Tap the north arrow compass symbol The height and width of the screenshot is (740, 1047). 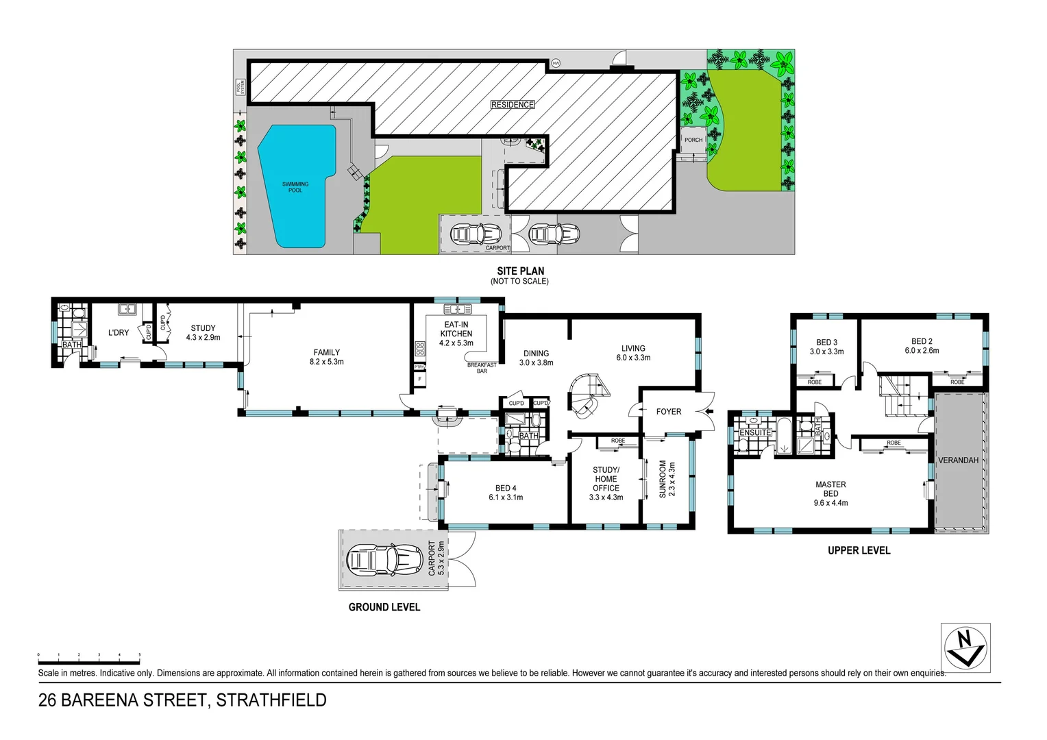(965, 647)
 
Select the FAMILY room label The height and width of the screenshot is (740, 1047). (327, 352)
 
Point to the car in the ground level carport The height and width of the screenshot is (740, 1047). (383, 560)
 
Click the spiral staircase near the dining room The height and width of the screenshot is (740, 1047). (587, 396)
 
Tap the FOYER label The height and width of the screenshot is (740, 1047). (669, 412)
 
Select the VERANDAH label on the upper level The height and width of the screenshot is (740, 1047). (958, 460)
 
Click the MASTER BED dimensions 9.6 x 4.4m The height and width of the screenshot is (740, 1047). (830, 503)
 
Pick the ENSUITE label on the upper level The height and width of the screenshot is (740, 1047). (755, 432)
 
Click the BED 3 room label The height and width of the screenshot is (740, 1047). (826, 342)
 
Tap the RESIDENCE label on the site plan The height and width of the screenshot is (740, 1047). (513, 105)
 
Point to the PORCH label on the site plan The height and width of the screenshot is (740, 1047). (693, 140)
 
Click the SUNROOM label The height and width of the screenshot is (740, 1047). (663, 478)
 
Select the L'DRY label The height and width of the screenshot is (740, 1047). (119, 332)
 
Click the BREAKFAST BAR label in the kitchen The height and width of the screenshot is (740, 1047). (482, 368)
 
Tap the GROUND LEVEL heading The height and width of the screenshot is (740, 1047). (384, 607)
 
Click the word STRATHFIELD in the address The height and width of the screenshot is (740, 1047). (271, 700)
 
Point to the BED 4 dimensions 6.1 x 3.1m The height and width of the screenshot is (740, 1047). (506, 497)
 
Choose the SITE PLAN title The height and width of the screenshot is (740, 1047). (521, 271)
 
